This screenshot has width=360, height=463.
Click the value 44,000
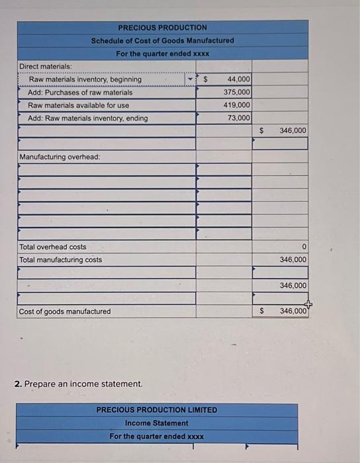pyautogui.click(x=238, y=79)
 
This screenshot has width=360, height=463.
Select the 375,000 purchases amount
pyautogui.click(x=237, y=92)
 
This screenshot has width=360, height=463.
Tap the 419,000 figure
pyautogui.click(x=237, y=105)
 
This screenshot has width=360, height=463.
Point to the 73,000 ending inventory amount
pyautogui.click(x=239, y=118)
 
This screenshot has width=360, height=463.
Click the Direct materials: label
pyautogui.click(x=46, y=66)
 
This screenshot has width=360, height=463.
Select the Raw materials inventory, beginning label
pyautogui.click(x=85, y=79)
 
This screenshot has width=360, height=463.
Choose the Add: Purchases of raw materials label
pyautogui.click(x=80, y=92)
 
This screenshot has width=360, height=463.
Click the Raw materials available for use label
pyautogui.click(x=79, y=105)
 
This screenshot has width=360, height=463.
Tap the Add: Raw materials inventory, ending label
pyautogui.click(x=88, y=118)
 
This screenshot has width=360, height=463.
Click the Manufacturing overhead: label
pyautogui.click(x=60, y=157)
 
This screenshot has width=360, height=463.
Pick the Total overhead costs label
pyautogui.click(x=53, y=247)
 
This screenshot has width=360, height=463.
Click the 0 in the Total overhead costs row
pyautogui.click(x=304, y=247)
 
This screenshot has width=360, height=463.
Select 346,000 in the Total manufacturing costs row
pyautogui.click(x=293, y=259)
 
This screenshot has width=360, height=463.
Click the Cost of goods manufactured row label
pyautogui.click(x=66, y=312)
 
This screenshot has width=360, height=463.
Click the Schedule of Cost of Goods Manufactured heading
pyautogui.click(x=163, y=40)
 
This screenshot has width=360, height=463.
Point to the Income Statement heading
pyautogui.click(x=157, y=423)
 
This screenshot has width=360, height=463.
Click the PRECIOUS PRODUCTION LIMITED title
pyautogui.click(x=157, y=409)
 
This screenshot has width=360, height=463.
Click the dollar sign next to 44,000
pyautogui.click(x=205, y=79)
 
